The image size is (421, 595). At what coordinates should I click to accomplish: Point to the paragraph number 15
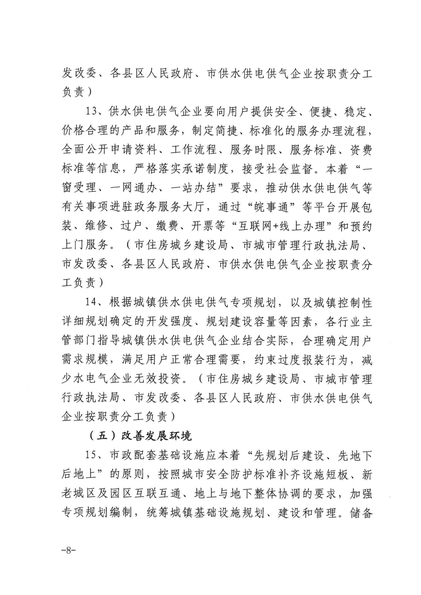[x=92, y=455]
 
